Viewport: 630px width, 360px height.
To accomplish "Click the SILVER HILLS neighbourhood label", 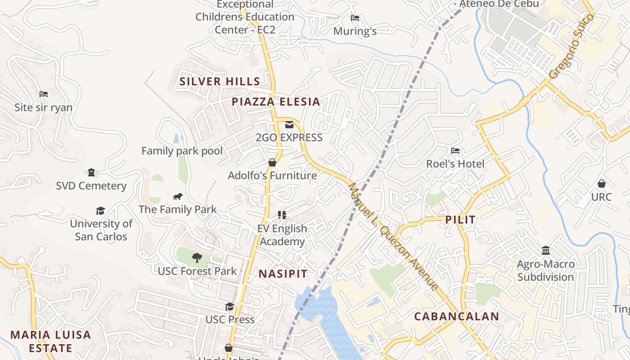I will pos(220,81).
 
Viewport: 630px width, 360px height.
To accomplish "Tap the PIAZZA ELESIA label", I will pos(276,102).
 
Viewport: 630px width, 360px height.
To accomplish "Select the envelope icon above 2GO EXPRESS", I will pos(289,125).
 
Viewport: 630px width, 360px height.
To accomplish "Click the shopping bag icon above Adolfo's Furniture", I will pos(272,162).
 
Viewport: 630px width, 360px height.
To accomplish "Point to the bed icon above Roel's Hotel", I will pos(455,151).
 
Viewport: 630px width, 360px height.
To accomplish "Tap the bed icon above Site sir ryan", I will pos(44,94).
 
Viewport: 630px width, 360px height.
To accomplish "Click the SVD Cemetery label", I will pos(91,186).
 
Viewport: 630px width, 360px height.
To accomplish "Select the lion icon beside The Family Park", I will pos(178,197).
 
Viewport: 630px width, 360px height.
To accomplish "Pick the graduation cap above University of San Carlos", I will pos(101,211).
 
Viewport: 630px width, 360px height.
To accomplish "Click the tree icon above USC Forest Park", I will pos(197,258).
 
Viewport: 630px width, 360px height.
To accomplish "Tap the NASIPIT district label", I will pos(283,274).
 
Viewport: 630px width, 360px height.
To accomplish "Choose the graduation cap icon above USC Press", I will pos(230,306).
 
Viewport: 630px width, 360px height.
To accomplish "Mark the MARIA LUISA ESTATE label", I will pos(50,341).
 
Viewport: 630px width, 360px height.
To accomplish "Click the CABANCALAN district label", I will pos(456,316).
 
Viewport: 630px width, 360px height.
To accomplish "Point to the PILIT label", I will pos(460,220).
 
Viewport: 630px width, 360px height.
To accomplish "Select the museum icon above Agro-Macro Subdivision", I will pos(546,250).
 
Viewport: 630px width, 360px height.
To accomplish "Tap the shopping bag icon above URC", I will pos(601,184).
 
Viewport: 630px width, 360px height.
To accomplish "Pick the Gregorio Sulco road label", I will pos(571,46).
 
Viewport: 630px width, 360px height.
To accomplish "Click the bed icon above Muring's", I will pos(355,18).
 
